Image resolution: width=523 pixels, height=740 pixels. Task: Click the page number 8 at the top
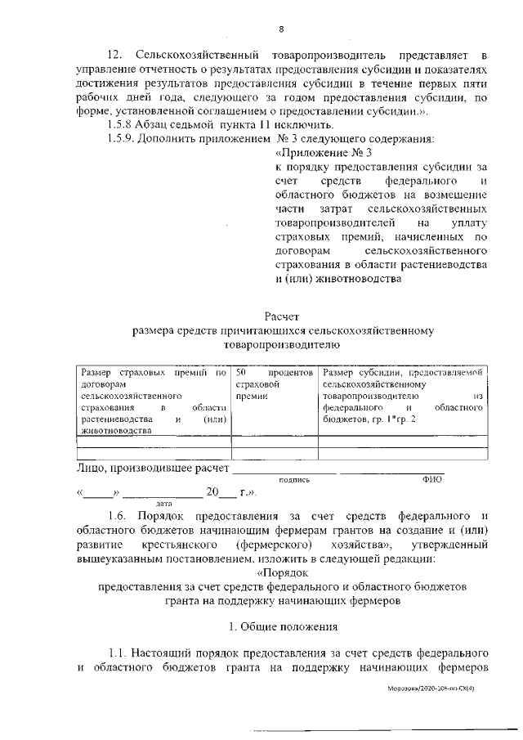point(280,29)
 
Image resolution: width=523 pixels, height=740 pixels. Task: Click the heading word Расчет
point(283,316)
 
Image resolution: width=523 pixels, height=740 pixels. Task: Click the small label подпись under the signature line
point(294,481)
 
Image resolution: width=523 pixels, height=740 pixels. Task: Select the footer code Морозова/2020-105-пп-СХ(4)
point(437,690)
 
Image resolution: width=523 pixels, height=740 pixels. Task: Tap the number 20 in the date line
point(213,493)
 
